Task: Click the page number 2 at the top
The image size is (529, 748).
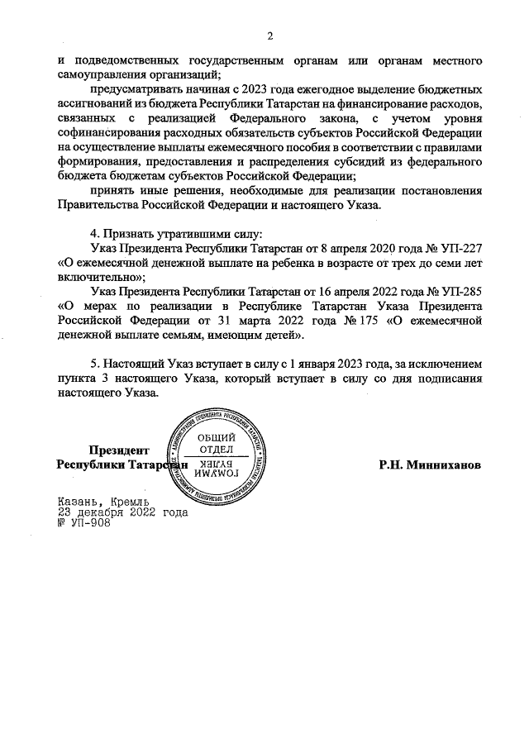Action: coord(269,35)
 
